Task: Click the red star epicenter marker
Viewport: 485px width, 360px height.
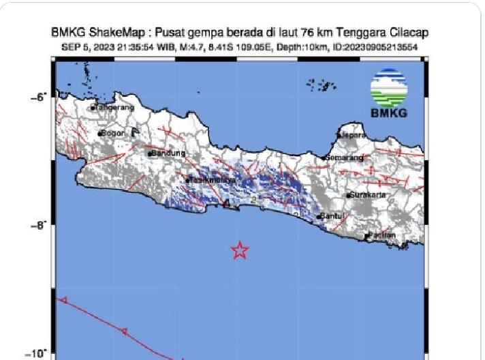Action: (239, 250)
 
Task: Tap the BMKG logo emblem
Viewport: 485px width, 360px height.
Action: (388, 88)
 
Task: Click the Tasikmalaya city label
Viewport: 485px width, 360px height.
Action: (213, 180)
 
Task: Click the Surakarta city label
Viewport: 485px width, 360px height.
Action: (368, 195)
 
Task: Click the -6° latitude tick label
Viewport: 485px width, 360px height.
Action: (39, 97)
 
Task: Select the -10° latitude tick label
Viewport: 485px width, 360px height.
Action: (37, 353)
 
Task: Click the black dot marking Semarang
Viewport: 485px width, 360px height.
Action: (324, 158)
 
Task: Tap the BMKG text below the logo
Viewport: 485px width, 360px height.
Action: (388, 112)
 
